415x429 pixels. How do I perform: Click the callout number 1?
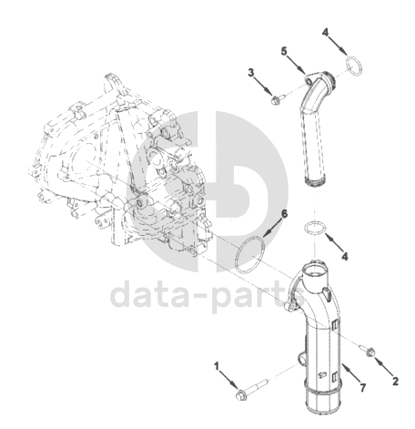point(216,366)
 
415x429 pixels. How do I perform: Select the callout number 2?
point(395,382)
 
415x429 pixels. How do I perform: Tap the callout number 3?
point(251,73)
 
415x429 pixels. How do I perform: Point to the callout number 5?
point(284,51)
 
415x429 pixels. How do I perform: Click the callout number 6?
point(284,214)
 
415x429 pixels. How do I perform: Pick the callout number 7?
point(363,387)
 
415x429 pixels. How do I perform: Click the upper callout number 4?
point(325,32)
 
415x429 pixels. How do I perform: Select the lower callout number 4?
point(345,257)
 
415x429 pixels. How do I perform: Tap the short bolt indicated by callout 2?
point(368,351)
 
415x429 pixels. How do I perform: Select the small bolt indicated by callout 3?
point(278,99)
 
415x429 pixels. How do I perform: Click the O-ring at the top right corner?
point(354,66)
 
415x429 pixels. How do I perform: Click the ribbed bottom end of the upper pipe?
point(316,181)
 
